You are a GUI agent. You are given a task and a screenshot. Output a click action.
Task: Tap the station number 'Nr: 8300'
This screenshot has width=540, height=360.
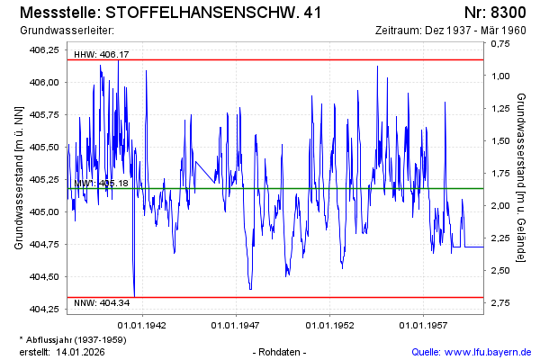pyautogui.click(x=494, y=13)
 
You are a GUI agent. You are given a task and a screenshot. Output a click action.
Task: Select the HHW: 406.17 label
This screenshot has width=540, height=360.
pyautogui.click(x=101, y=55)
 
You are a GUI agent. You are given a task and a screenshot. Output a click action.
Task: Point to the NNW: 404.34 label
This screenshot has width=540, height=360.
pyautogui.click(x=101, y=303)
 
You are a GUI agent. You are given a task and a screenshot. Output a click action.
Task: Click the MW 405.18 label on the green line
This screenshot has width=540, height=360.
pyautogui.click(x=101, y=184)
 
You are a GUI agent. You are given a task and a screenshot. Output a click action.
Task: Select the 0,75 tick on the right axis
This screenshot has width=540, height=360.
pyautogui.click(x=499, y=49)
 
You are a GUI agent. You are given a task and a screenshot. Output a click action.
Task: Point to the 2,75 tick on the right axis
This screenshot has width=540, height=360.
pyautogui.click(x=499, y=302)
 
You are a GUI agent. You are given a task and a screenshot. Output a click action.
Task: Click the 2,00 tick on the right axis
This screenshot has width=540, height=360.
pyautogui.click(x=499, y=205)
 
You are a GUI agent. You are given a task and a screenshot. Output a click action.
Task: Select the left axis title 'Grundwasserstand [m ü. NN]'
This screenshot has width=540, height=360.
pyautogui.click(x=18, y=177)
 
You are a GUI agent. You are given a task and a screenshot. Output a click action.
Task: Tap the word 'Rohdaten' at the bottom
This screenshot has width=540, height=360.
pyautogui.click(x=281, y=351)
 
